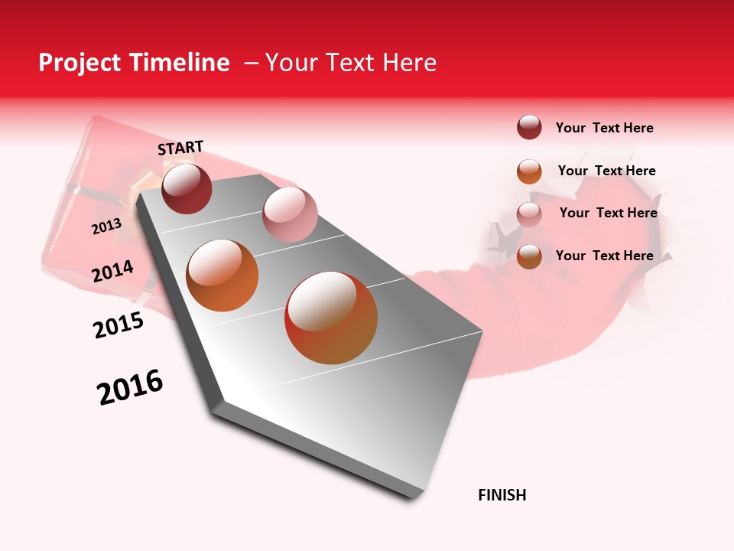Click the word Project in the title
[x=79, y=63]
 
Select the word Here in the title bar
[x=409, y=63]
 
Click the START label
[x=180, y=148]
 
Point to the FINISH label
[x=502, y=495]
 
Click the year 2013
[x=106, y=227]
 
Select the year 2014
[x=112, y=272]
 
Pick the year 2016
[x=130, y=387]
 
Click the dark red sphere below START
[x=187, y=188]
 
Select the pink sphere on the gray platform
[x=289, y=214]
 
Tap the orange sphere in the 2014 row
[x=222, y=275]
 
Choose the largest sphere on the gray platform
[x=331, y=318]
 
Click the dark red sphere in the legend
[x=529, y=128]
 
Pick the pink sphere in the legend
[x=529, y=214]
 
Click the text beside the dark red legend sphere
[x=604, y=128]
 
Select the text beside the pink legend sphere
[x=608, y=213]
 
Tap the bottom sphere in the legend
[x=529, y=256]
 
